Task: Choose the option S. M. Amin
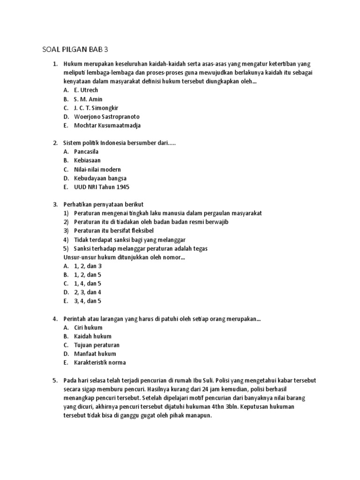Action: tap(88, 99)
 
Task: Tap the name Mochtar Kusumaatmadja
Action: tap(107, 126)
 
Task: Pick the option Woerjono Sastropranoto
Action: tap(107, 117)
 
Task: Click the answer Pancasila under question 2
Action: tap(86, 152)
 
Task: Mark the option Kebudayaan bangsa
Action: tap(100, 178)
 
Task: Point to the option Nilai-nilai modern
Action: tap(97, 169)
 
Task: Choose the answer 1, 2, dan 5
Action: tap(87, 275)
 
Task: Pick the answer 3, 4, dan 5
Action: tap(87, 301)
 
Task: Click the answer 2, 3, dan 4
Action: tap(87, 292)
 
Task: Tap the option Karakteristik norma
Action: tap(100, 362)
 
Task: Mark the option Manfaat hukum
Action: tap(95, 353)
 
